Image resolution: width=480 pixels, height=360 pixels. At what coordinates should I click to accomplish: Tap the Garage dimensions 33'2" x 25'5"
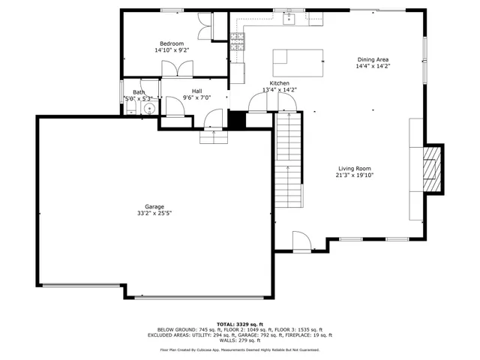[151, 213]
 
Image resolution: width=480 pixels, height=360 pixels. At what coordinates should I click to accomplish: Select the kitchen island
[298, 63]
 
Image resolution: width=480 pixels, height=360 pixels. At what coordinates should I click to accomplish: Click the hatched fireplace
[432, 169]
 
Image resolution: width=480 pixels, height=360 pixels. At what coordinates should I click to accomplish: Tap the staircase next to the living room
[289, 161]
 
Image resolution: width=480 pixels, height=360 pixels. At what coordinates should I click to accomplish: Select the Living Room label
[354, 169]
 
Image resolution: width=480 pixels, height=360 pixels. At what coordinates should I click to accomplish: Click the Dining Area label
[373, 59]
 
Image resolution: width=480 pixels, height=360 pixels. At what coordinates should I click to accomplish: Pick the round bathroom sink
[149, 108]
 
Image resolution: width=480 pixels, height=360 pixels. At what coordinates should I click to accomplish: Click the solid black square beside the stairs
[237, 120]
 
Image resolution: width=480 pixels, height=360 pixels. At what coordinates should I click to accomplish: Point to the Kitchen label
[279, 83]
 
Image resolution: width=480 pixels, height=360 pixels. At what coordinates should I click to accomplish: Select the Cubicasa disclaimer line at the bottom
[239, 349]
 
